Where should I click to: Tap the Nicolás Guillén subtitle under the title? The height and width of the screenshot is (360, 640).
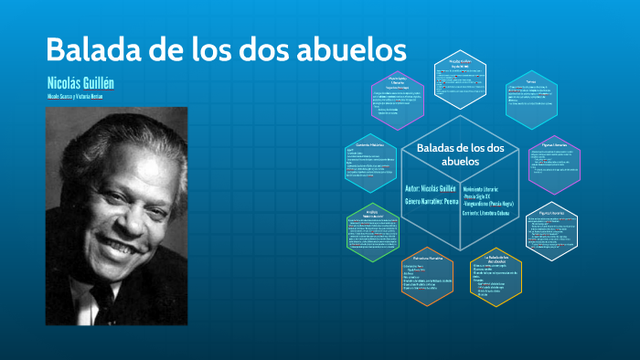80,83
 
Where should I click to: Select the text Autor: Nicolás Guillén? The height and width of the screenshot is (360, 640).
432,188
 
